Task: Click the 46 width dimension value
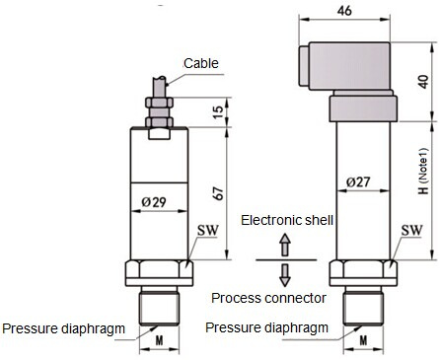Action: [x=344, y=10]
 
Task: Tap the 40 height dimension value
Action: [x=424, y=82]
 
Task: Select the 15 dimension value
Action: [x=218, y=112]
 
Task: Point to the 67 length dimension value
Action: [x=218, y=193]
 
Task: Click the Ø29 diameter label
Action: [x=154, y=202]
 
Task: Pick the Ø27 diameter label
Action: [x=358, y=181]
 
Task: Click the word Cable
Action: [x=201, y=63]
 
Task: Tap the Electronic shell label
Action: [x=287, y=220]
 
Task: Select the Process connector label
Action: [x=268, y=298]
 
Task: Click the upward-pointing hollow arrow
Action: [x=285, y=246]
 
